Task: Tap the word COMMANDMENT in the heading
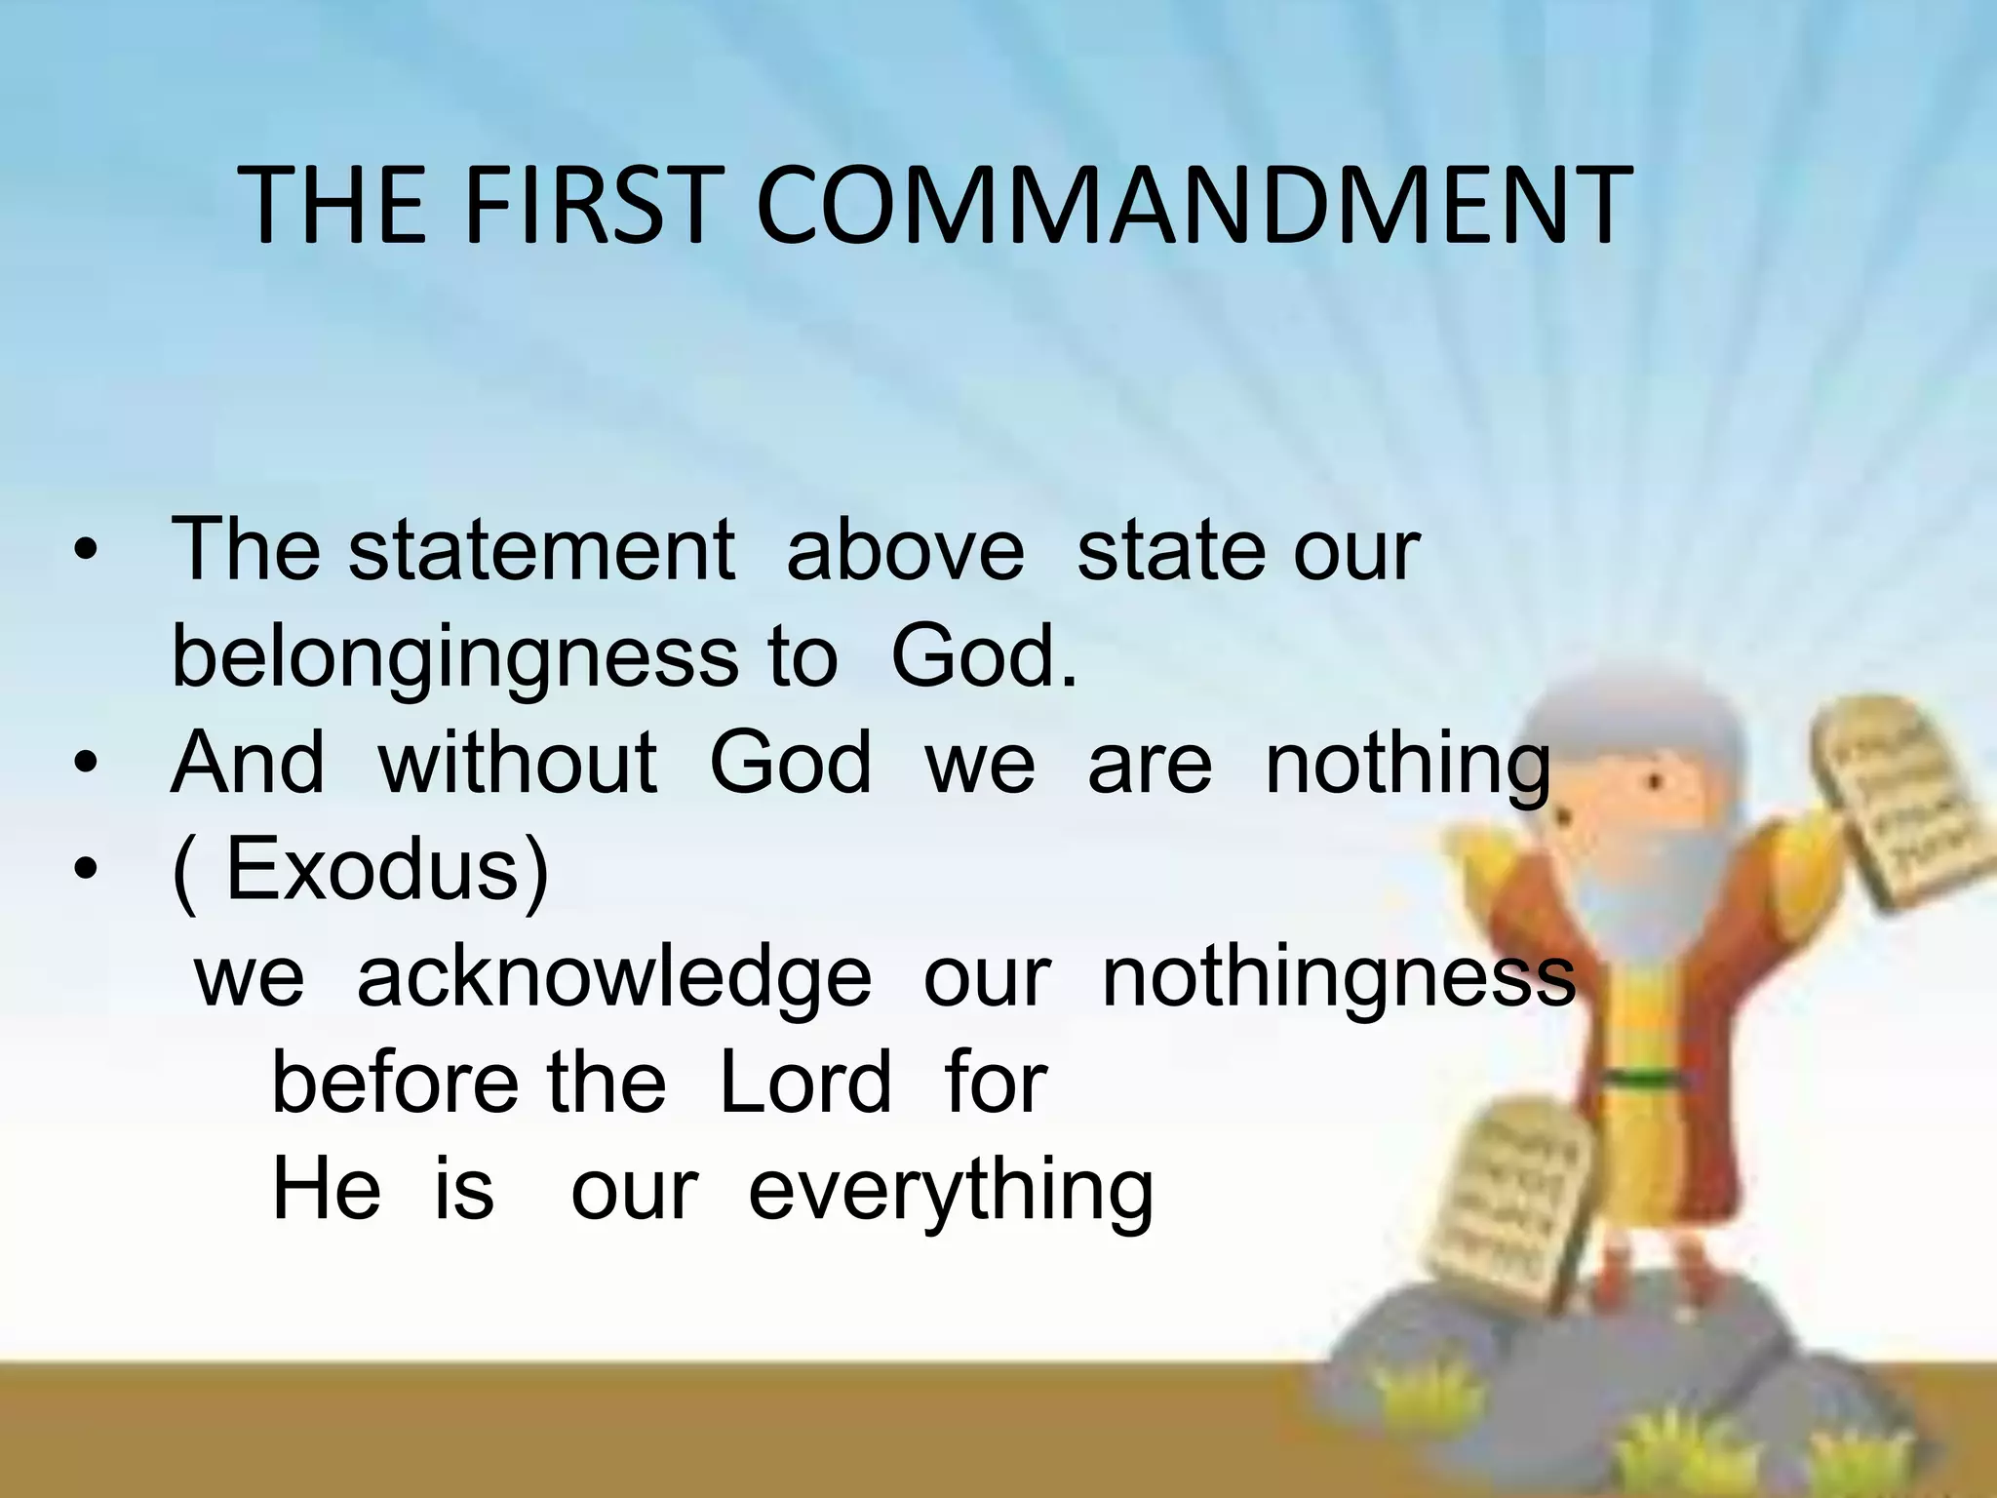(x=1193, y=207)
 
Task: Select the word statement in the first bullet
(x=541, y=549)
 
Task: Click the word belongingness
(x=454, y=656)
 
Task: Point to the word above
(x=905, y=549)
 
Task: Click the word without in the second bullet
(x=517, y=762)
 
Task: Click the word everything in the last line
(x=951, y=1191)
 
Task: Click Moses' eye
(x=1655, y=781)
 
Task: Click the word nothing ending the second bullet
(x=1406, y=762)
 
